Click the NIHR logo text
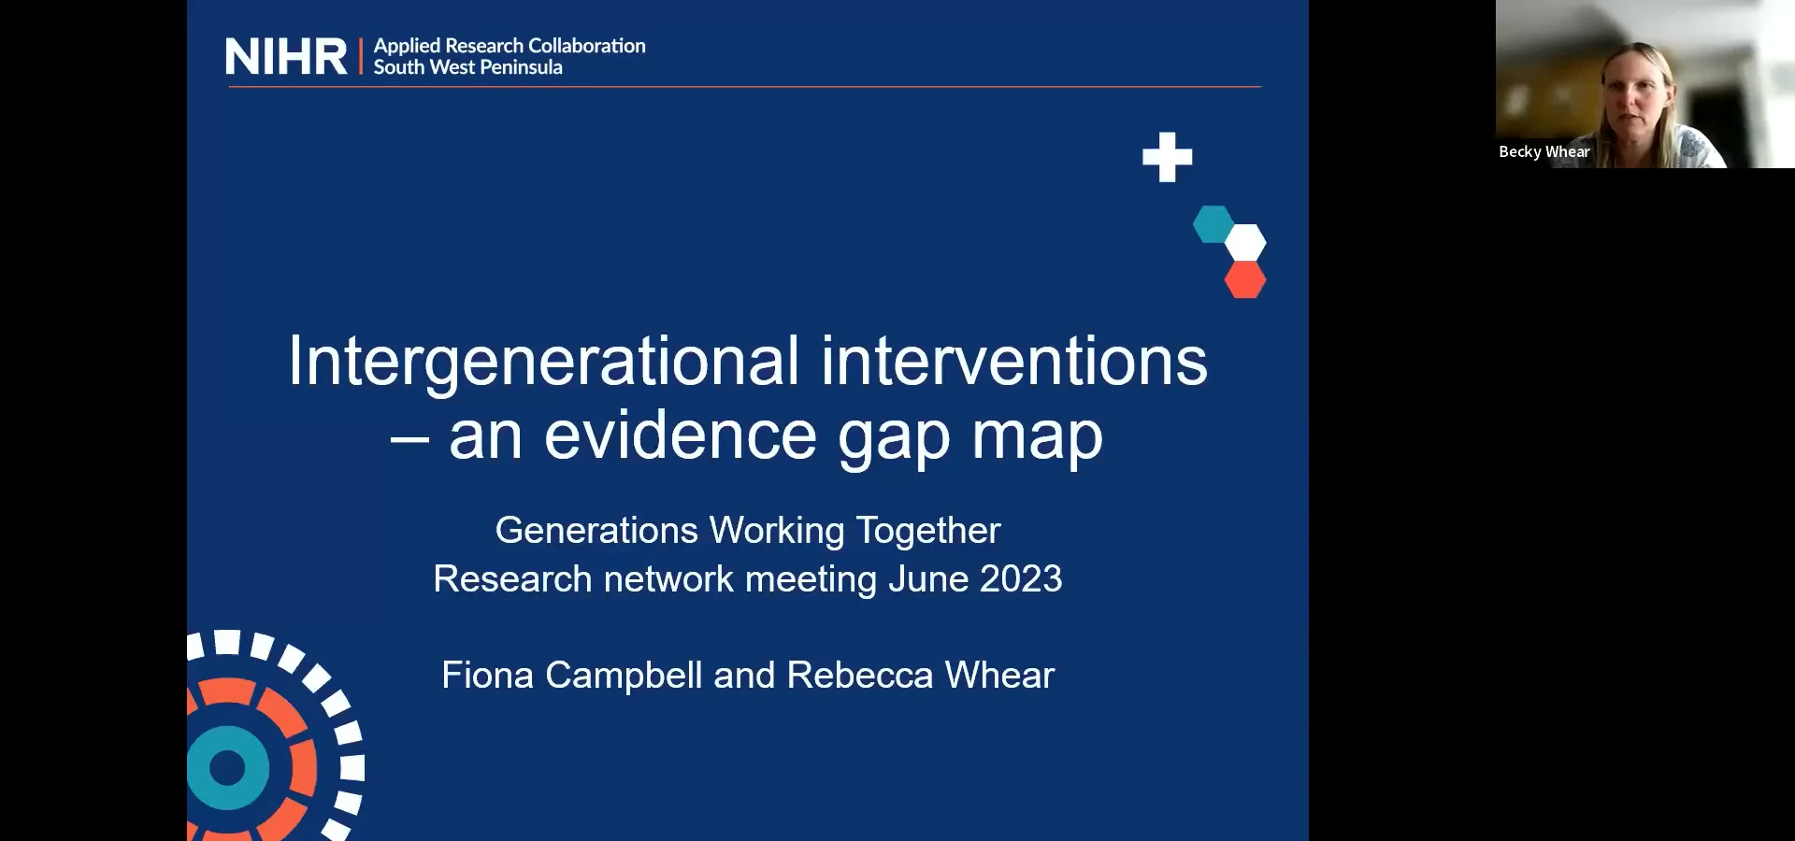pyautogui.click(x=285, y=57)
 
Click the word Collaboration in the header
pyautogui.click(x=586, y=46)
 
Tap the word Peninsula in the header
pyautogui.click(x=520, y=67)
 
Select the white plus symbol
pyautogui.click(x=1167, y=157)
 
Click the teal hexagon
pyautogui.click(x=1213, y=224)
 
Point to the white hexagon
pyautogui.click(x=1245, y=243)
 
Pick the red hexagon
pyautogui.click(x=1245, y=279)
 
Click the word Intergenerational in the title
pyautogui.click(x=543, y=362)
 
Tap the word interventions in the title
pyautogui.click(x=1013, y=362)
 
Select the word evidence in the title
pyautogui.click(x=680, y=435)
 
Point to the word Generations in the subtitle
pyautogui.click(x=596, y=531)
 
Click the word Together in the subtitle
pyautogui.click(x=927, y=531)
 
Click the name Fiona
pyautogui.click(x=486, y=676)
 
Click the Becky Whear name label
pyautogui.click(x=1544, y=152)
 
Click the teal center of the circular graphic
pyautogui.click(x=227, y=768)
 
